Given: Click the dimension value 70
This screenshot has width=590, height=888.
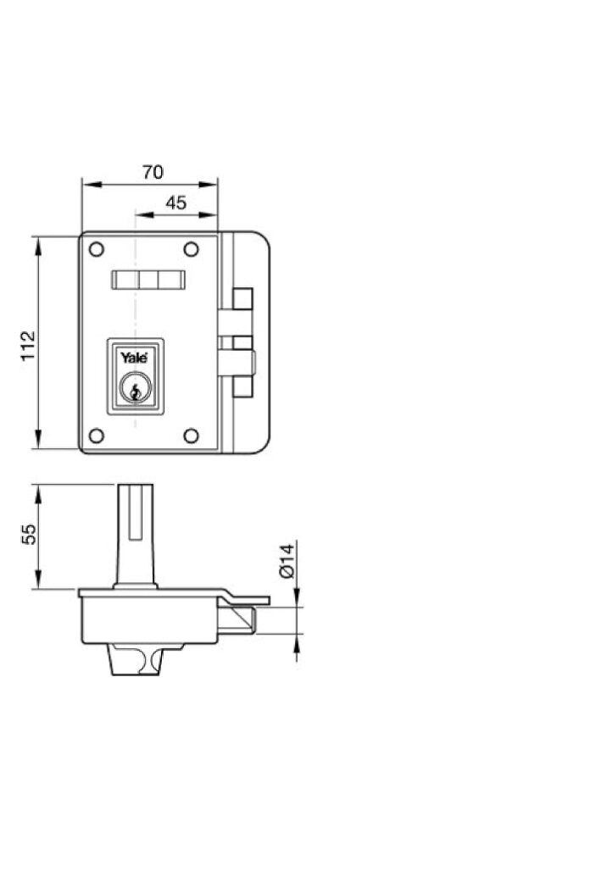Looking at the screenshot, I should (153, 172).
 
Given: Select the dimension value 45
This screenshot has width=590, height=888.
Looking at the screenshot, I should (175, 203).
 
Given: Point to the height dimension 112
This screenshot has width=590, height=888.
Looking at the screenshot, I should (29, 346).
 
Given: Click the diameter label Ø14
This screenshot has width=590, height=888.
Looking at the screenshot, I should (286, 560).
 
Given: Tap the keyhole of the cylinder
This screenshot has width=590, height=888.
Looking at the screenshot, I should (134, 391).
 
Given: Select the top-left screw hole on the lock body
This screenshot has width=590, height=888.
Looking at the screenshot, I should (96, 249).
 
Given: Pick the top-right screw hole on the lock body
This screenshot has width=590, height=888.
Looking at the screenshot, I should (192, 249).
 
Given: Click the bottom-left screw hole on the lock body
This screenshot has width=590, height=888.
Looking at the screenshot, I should (96, 436).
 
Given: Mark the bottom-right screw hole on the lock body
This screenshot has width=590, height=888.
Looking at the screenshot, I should (192, 436).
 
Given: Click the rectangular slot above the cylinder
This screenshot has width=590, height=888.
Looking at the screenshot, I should (148, 280).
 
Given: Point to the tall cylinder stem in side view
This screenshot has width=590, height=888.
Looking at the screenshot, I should (135, 534).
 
